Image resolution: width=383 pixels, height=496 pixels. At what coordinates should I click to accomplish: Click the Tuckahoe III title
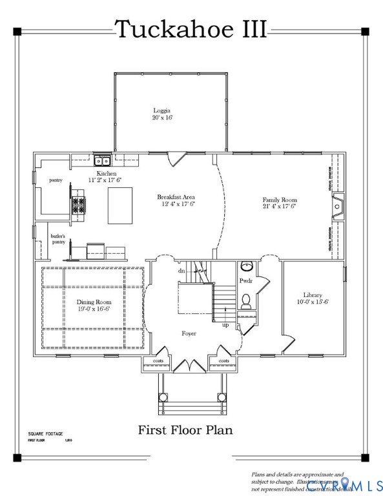coord(191,29)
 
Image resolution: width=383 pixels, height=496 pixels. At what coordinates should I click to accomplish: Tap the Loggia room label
coord(162,110)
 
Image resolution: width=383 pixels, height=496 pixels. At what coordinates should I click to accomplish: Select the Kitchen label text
coord(107,174)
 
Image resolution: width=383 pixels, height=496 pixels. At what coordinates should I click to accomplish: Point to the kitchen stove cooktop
coord(78,205)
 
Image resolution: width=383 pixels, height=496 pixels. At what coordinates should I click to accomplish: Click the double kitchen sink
coord(102,161)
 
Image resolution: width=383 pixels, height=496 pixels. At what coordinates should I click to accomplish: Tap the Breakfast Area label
coord(176,197)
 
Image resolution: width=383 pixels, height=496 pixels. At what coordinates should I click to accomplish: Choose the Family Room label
coord(279,200)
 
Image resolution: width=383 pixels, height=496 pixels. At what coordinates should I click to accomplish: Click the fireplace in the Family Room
coord(336,206)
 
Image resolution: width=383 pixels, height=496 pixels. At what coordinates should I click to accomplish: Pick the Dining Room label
coord(94,302)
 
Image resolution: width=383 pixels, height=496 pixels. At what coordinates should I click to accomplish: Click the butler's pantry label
coord(58,239)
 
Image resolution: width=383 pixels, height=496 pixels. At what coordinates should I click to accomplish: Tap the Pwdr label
coord(246,282)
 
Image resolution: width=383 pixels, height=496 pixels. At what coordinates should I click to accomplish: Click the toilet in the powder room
coord(246,300)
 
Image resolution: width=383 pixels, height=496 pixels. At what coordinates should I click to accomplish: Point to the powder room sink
coord(246,266)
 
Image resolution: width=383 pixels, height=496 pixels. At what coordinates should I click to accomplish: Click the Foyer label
coord(189,333)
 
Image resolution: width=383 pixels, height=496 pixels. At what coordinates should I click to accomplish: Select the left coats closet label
coord(158,361)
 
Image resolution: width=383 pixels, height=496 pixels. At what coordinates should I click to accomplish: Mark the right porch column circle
coord(223,397)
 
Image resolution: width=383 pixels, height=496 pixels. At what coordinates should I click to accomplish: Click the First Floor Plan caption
coord(185,429)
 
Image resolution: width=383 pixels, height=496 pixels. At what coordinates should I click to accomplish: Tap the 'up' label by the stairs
coord(225,324)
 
